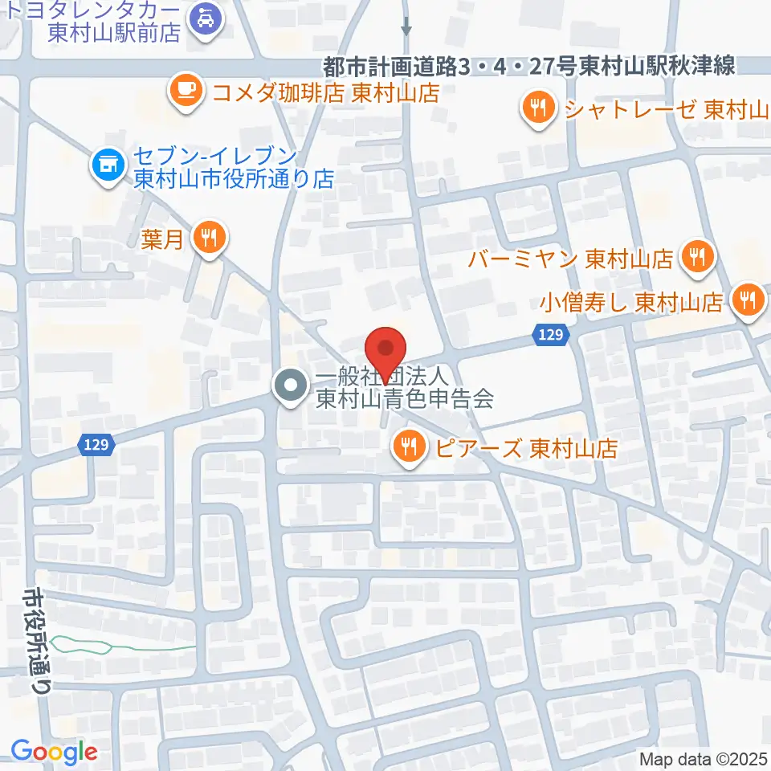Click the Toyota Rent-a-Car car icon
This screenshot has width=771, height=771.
pyautogui.click(x=201, y=18)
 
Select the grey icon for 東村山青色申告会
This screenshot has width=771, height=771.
pyautogui.click(x=288, y=387)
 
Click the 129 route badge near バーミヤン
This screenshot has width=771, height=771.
pyautogui.click(x=551, y=335)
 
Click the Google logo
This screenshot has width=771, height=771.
pyautogui.click(x=54, y=752)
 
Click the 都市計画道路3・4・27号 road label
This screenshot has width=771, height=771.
pyautogui.click(x=530, y=67)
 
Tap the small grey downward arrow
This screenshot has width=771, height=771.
pyautogui.click(x=406, y=27)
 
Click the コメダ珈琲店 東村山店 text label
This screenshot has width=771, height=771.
pyautogui.click(x=326, y=92)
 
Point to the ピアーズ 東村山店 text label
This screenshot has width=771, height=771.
pyautogui.click(x=527, y=448)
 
